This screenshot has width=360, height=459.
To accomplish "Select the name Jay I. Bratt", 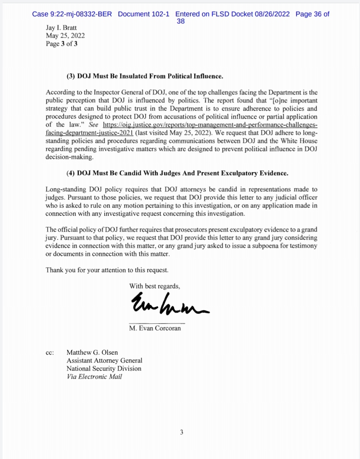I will [62, 28].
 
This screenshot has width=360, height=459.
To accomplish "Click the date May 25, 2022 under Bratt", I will [65, 36].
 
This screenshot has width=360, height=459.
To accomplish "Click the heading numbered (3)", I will [145, 77].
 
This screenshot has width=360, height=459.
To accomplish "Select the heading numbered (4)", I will [177, 173].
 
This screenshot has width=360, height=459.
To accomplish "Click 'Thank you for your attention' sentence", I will [107, 269].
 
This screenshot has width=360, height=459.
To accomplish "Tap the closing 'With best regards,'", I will [155, 286].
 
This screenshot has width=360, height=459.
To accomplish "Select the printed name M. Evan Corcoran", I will [155, 328].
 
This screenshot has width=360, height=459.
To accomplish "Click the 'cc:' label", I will [50, 353].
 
